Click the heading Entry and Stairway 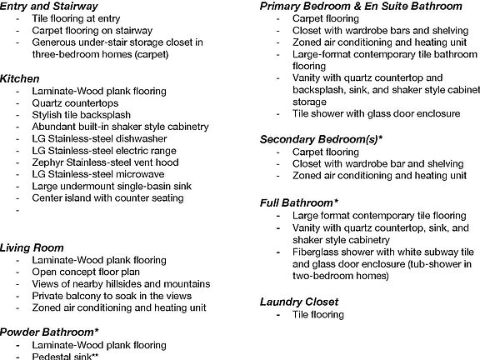coord(51,7)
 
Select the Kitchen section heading coord(20,77)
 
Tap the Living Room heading coord(32,247)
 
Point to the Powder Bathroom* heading coord(49,332)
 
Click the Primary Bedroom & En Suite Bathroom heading coord(360,6)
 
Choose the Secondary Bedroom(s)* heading coord(322,139)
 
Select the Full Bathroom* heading coord(299,202)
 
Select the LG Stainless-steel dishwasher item coord(99,138)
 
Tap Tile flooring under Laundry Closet coord(317,314)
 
